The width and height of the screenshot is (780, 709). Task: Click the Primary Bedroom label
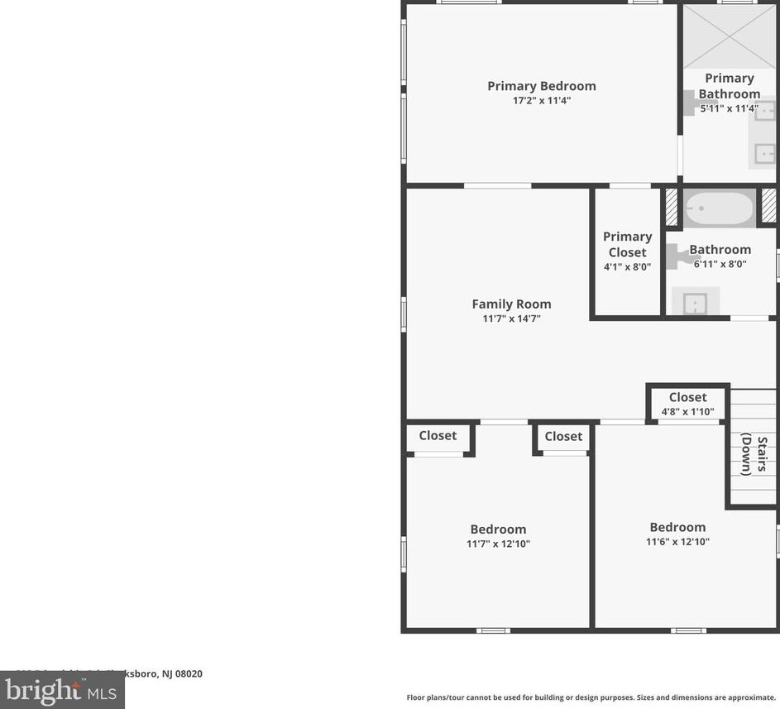[541, 86]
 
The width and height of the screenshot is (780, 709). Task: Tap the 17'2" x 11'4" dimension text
[541, 101]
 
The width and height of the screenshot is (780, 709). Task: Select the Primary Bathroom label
[729, 85]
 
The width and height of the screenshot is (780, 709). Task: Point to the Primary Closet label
[627, 244]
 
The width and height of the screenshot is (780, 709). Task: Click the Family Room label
[511, 304]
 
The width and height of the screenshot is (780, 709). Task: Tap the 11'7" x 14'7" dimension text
[511, 319]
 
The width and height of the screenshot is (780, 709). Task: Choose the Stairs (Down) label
[754, 456]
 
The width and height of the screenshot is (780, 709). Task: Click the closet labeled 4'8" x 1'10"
[687, 404]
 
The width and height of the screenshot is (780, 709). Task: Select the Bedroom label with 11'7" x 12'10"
[498, 529]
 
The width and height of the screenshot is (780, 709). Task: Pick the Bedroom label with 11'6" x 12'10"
[677, 527]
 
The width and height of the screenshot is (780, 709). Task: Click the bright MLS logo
[61, 690]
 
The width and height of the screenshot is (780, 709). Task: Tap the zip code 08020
[188, 673]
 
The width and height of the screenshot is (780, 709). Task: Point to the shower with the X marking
[729, 37]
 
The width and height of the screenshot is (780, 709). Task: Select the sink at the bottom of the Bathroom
[695, 303]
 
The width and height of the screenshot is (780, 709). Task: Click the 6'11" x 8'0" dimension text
[720, 265]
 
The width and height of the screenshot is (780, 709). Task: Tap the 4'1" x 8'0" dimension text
[627, 267]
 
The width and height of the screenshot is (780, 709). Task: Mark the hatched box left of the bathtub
[672, 208]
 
